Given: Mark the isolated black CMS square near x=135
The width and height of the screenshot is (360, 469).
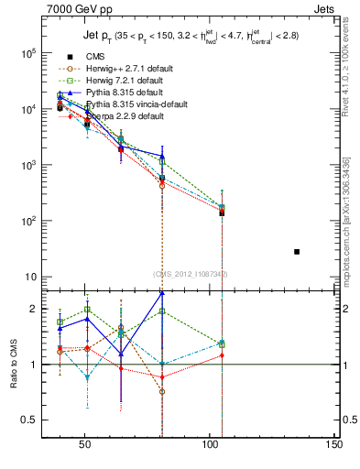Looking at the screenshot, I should pos(297,251).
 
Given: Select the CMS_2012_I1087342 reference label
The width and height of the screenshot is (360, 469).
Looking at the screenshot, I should pos(189,274).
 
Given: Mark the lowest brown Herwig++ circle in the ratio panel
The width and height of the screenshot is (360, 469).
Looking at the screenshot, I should pos(162,391).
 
